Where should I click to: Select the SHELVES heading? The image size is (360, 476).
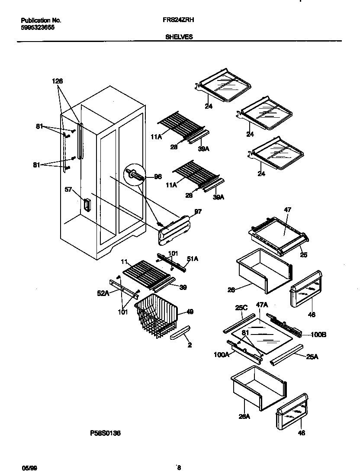[179, 37]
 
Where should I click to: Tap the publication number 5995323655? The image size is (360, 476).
[38, 27]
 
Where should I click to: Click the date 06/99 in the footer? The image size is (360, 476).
[27, 467]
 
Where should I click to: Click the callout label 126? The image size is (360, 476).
[57, 81]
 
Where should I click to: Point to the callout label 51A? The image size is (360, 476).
[192, 259]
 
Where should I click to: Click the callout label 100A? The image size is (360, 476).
[221, 354]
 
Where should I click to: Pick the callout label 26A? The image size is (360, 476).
[244, 416]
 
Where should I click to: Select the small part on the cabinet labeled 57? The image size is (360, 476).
[86, 205]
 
